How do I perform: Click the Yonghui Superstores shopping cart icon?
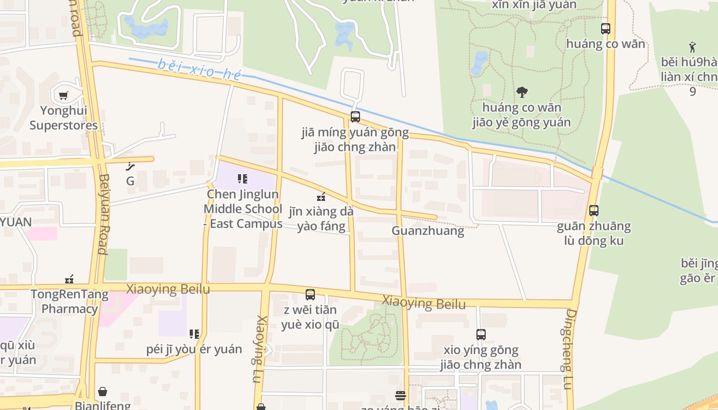pos(64,95)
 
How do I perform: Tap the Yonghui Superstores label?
pos(64,118)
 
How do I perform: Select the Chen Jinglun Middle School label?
pos(243,209)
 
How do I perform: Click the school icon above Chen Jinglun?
pos(243,179)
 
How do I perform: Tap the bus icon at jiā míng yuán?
pos(355,117)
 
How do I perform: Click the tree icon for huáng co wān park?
pos(522,92)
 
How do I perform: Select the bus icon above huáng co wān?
pos(606,29)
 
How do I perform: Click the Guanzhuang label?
pos(428,231)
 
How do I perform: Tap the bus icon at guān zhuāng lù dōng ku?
pos(594,210)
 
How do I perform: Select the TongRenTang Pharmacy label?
pos(70,302)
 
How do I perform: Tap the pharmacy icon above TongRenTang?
pos(69,279)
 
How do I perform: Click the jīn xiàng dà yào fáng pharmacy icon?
pos(321,196)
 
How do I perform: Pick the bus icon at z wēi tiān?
pos(310,295)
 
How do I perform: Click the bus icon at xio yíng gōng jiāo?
pos(481,335)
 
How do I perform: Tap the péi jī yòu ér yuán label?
pos(194,350)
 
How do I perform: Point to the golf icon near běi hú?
pos(693,47)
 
